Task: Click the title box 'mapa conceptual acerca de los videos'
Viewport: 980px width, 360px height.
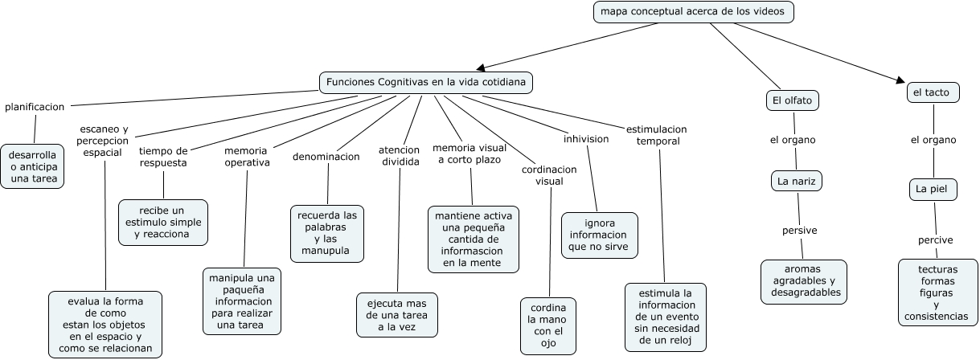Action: click(693, 12)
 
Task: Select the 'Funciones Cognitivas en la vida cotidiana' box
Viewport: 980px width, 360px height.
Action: click(426, 83)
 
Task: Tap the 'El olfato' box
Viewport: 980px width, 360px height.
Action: click(792, 100)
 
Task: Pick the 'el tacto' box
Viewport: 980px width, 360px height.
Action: click(932, 93)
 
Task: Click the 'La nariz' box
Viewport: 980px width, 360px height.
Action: click(796, 182)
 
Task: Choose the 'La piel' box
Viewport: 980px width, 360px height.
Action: click(933, 190)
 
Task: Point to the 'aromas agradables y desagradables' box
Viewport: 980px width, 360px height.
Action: click(803, 281)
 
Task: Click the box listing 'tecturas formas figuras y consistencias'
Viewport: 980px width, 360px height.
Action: click(937, 292)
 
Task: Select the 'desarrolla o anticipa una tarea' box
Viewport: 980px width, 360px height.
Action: click(34, 166)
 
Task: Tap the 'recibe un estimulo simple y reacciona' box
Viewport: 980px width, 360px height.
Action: click(162, 222)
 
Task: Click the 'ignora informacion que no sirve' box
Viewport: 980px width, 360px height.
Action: click(599, 235)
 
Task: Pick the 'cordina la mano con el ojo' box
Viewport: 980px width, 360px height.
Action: click(548, 325)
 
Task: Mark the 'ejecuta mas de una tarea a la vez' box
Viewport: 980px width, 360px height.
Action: click(397, 314)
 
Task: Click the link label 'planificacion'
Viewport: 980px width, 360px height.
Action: click(35, 107)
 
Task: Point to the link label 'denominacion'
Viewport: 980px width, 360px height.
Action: click(326, 157)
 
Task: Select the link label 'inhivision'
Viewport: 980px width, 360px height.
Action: click(586, 139)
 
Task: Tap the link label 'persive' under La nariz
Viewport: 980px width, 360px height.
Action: click(799, 231)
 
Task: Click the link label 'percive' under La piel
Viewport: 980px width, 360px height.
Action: click(936, 240)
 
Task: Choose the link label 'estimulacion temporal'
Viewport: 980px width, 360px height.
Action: click(656, 134)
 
